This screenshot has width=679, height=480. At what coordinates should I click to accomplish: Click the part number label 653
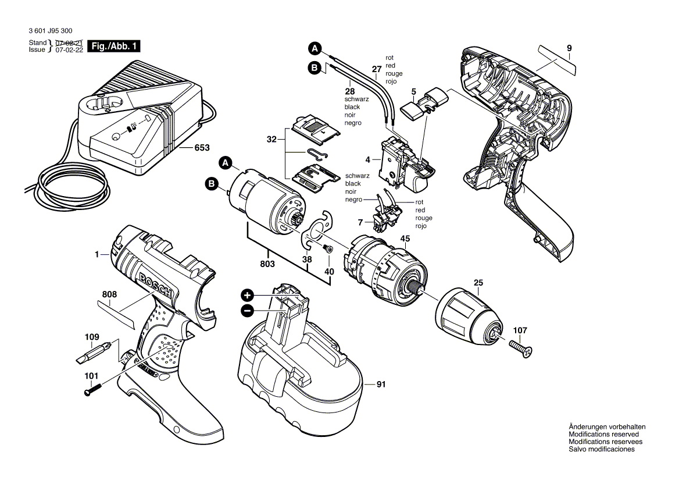point(202,148)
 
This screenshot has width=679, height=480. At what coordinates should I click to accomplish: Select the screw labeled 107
point(521,350)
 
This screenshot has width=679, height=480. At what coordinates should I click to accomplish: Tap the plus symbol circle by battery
point(247,295)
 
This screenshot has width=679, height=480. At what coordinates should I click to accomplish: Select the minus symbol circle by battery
point(247,311)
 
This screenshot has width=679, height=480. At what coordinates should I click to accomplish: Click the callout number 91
point(381,384)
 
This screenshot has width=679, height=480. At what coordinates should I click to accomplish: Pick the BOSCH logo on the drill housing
point(156,285)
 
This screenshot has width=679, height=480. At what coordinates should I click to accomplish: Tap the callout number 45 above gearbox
point(405,238)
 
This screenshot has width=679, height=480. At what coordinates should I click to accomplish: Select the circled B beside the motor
point(212,185)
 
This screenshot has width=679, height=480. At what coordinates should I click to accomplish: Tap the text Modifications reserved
point(603,434)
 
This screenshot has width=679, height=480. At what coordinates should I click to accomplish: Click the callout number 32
point(271,140)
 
